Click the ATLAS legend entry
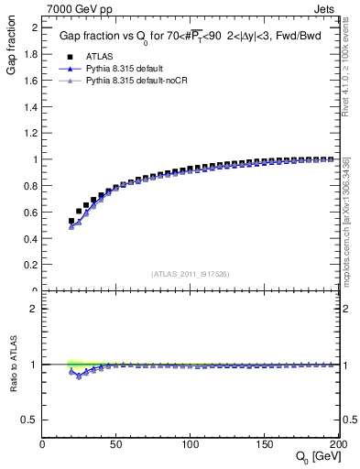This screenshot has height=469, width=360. tap(95, 55)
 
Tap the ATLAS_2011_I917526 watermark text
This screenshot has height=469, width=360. tap(191, 274)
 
